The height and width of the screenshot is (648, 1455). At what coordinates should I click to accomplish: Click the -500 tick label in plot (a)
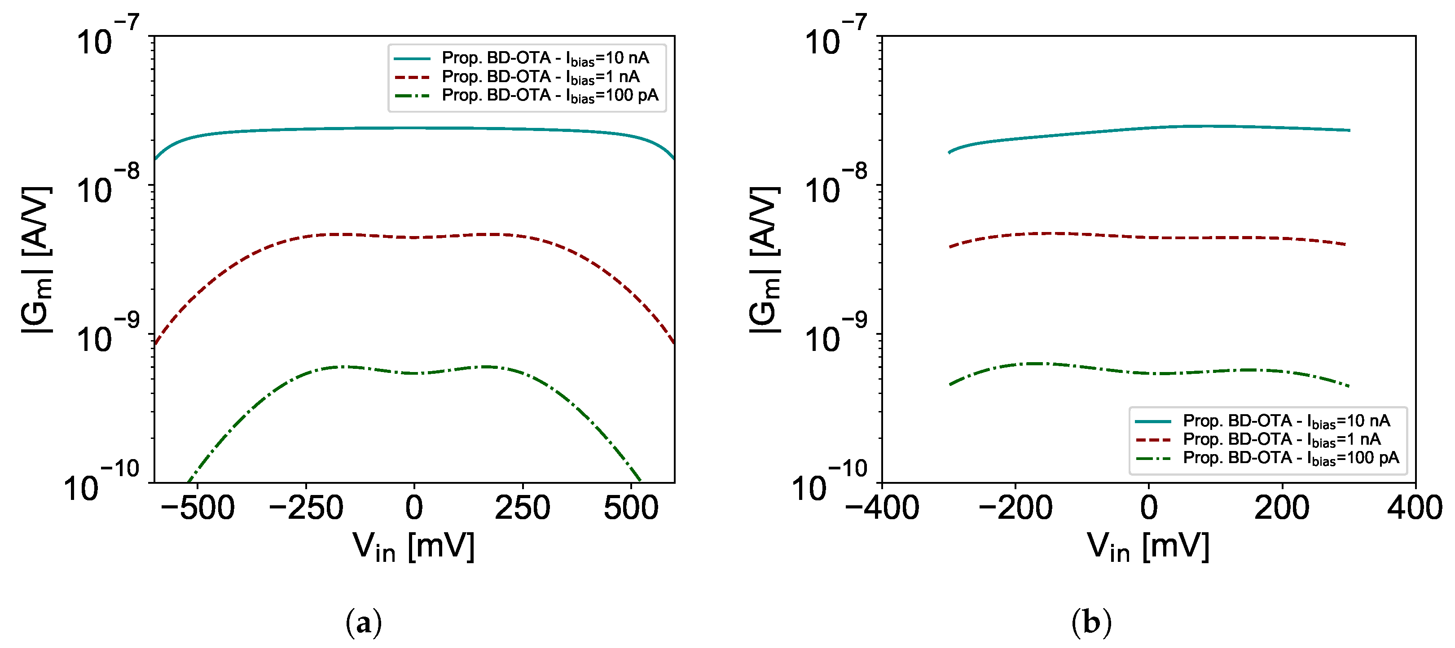point(197,508)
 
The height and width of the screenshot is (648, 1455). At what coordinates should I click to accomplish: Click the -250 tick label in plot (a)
point(306,508)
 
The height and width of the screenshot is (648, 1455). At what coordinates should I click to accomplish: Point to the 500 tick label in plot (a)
point(631,508)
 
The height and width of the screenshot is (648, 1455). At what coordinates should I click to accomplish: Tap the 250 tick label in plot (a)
point(523,508)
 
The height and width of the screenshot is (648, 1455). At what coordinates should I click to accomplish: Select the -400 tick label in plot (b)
point(882,508)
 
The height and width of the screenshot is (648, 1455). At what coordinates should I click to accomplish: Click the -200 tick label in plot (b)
point(1015,508)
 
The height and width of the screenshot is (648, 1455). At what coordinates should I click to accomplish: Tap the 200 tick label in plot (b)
point(1282,508)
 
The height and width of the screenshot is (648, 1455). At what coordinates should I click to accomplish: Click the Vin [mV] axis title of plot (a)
point(413,547)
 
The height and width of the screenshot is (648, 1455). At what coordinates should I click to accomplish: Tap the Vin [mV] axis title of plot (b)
point(1148,547)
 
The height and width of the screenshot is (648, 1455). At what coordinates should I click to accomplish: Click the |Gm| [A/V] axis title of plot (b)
point(765,260)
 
